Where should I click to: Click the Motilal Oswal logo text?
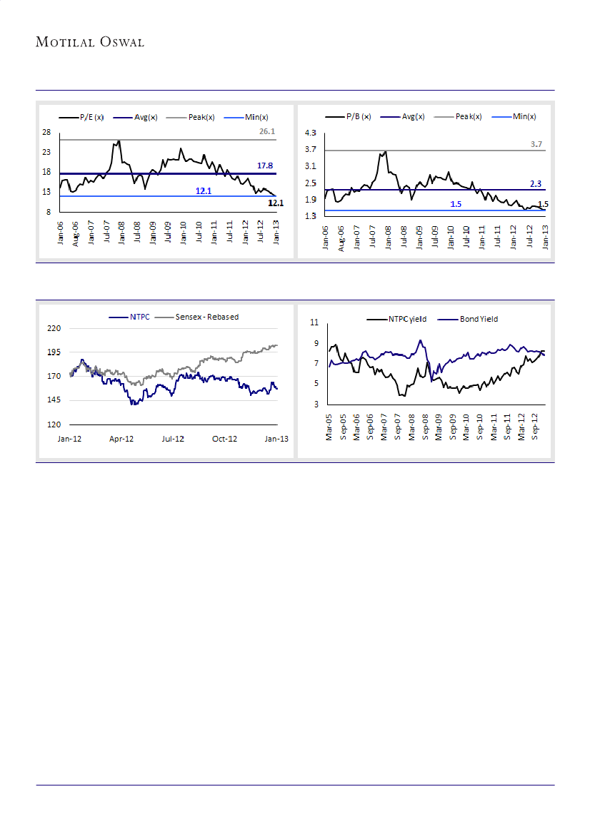pos(90,42)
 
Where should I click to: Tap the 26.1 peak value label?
pos(267,132)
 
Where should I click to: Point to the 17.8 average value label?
pos(266,166)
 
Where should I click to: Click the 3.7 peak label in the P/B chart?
pos(536,144)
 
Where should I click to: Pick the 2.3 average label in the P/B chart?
pos(536,184)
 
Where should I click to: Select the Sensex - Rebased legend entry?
pos(206,317)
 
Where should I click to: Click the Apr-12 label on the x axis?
pos(121,439)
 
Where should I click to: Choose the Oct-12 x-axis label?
pos(224,439)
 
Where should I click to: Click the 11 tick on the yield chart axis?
pos(314,324)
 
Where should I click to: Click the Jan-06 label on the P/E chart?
pos(61,233)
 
